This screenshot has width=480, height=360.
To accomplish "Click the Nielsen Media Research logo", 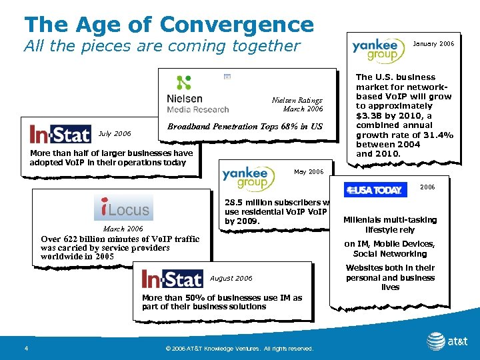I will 197,95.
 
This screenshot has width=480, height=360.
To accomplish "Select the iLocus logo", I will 123,208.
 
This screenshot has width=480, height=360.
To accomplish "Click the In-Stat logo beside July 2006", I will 60,134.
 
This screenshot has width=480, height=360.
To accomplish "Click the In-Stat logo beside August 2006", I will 172,278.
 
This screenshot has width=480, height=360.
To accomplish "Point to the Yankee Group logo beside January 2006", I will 378,48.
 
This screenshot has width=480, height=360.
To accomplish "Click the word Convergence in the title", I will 237,25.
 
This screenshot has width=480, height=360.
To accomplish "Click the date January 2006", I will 434,44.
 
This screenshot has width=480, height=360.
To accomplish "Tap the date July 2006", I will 115,133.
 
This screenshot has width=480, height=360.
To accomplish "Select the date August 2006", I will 231,278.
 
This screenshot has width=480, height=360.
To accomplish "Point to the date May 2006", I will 309,172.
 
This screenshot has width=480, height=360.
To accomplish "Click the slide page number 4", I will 25,348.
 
